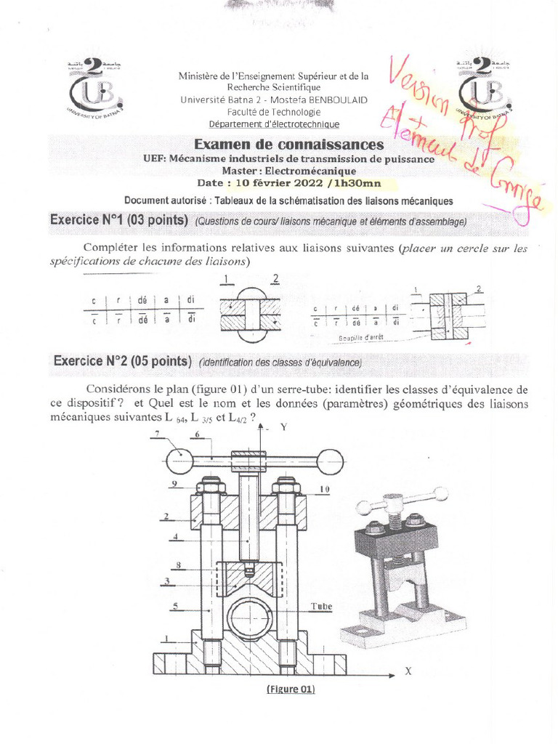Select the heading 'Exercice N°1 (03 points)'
[x=118, y=220]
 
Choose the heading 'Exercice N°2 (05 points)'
[x=123, y=361]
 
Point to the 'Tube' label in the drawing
[x=321, y=604]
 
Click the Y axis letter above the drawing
[x=284, y=428]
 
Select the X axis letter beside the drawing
[x=408, y=672]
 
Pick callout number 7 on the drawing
[x=156, y=434]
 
